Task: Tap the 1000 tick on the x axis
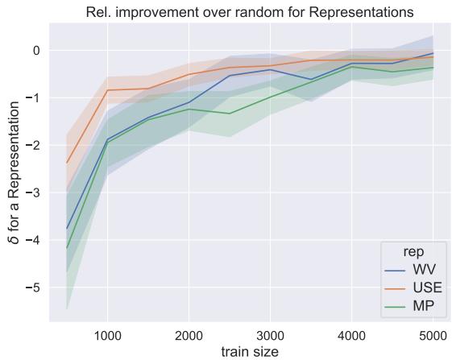coord(107,333)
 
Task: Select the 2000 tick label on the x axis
coord(189,333)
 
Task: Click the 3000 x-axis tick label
coord(270,333)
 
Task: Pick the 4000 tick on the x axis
coord(350,333)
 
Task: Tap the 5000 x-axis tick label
coord(432,333)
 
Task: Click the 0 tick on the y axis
coord(35,51)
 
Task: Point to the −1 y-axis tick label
coord(31,98)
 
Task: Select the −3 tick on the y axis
coord(31,193)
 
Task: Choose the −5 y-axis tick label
coord(31,288)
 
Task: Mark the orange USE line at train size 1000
coord(107,90)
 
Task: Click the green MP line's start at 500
coord(67,248)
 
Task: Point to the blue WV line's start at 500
coord(67,229)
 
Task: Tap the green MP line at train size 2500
coord(230,114)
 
